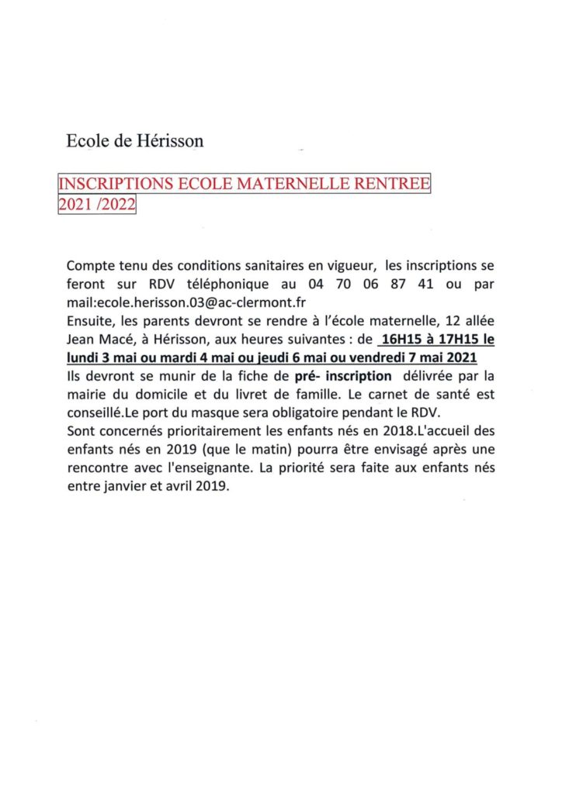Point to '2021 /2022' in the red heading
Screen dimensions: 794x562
[96, 205]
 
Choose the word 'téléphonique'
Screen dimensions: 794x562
[229, 285]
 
